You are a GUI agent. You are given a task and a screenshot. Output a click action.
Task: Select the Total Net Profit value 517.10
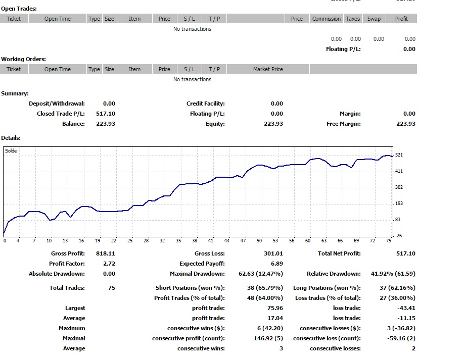click(x=404, y=253)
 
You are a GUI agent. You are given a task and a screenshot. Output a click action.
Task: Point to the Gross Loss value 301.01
click(x=273, y=253)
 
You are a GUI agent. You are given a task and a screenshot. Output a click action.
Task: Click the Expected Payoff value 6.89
click(x=277, y=264)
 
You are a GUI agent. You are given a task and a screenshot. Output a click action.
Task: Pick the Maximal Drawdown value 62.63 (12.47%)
click(x=261, y=274)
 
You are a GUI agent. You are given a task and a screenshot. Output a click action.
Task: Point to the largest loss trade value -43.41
click(x=406, y=308)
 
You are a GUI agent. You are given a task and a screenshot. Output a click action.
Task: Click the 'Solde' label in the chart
click(x=11, y=151)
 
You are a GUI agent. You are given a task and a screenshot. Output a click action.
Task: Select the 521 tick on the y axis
click(x=399, y=155)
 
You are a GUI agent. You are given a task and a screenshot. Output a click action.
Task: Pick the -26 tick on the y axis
click(x=399, y=236)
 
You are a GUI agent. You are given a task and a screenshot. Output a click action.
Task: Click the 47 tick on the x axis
click(x=243, y=241)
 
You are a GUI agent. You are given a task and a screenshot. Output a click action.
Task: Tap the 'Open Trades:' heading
click(x=19, y=9)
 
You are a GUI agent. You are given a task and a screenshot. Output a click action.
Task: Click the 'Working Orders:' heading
click(x=23, y=59)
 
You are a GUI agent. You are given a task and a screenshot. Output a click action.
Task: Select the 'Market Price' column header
click(x=268, y=69)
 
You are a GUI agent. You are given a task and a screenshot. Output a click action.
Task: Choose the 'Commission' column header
click(x=326, y=19)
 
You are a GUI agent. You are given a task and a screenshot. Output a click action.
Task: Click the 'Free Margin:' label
click(x=343, y=124)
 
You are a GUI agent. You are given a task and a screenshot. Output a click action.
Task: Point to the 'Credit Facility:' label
click(x=205, y=104)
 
